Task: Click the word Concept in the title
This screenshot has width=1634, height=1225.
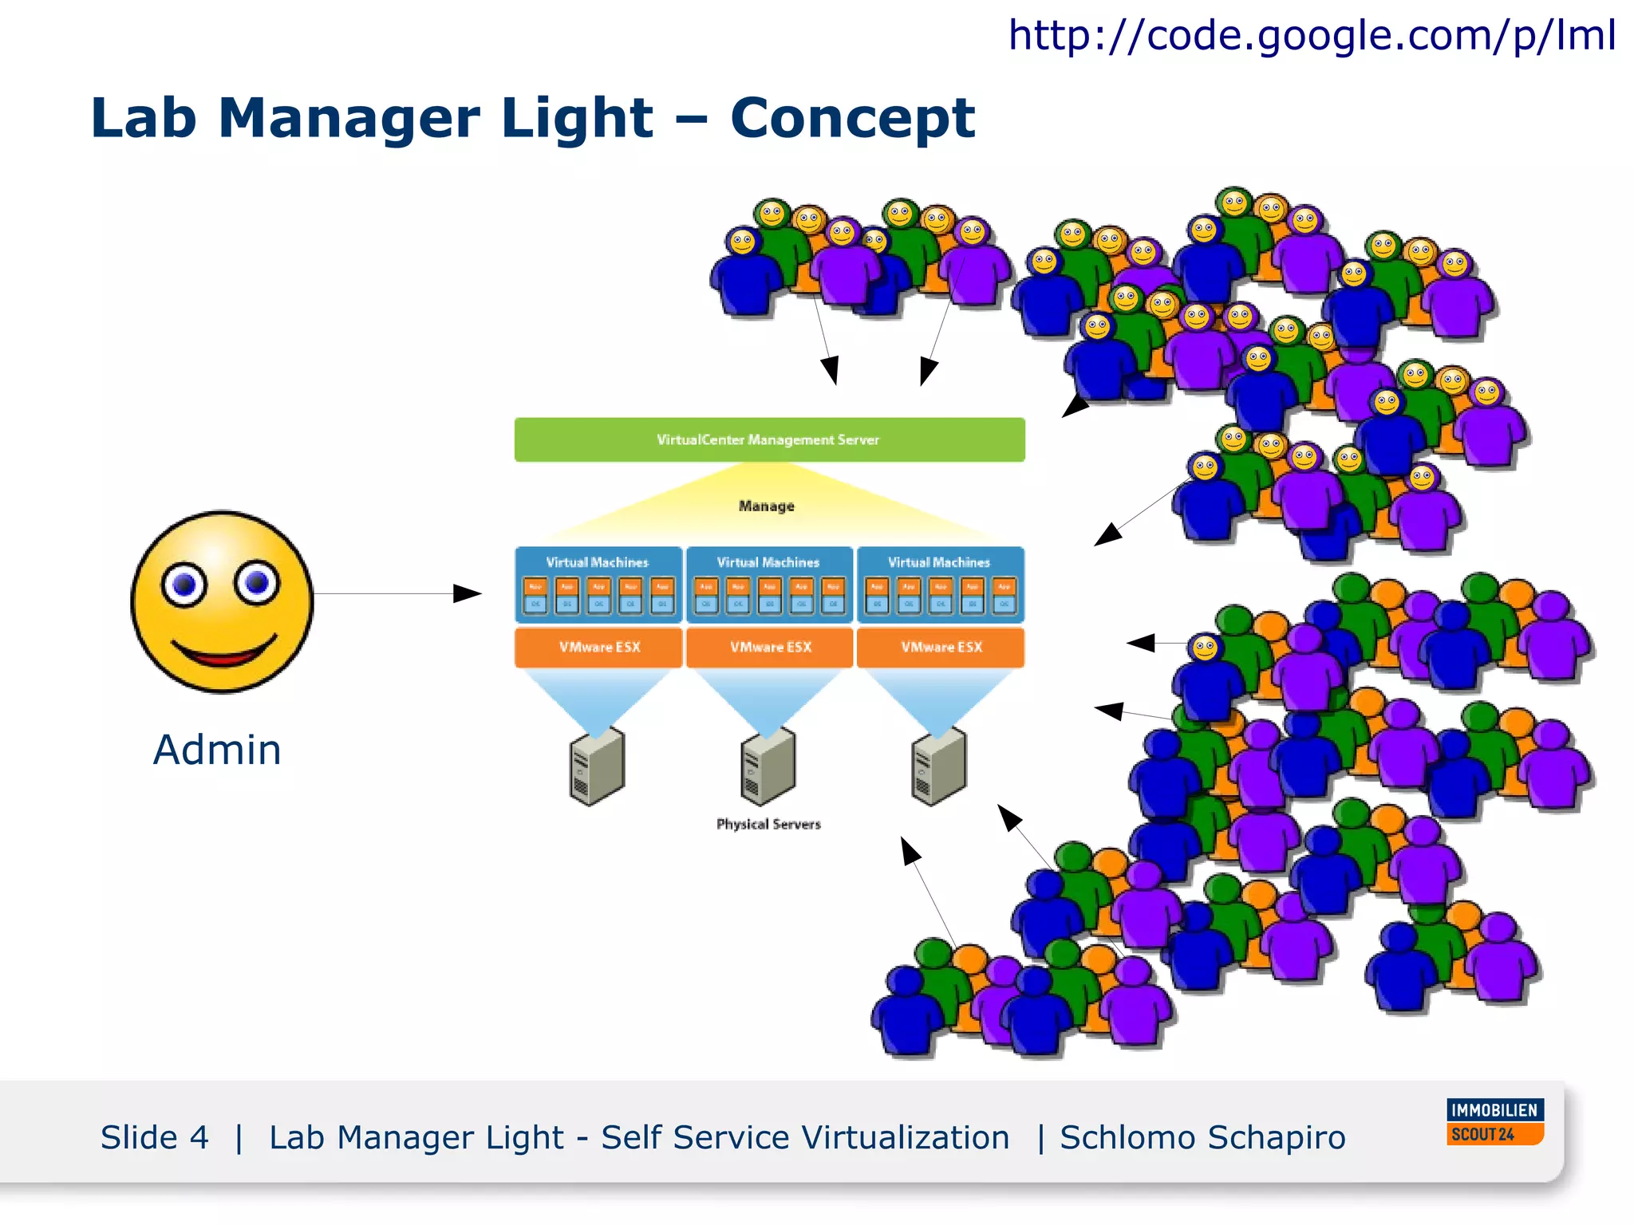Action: click(x=851, y=118)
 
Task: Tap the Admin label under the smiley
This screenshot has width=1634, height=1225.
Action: click(x=217, y=750)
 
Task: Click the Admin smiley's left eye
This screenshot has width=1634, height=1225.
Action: click(x=184, y=585)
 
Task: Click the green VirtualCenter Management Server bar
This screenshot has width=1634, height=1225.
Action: click(x=769, y=439)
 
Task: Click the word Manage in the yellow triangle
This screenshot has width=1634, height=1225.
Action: click(x=766, y=506)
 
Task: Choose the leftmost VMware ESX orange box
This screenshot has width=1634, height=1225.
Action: click(x=599, y=647)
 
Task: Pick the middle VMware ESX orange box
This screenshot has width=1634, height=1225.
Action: click(x=770, y=647)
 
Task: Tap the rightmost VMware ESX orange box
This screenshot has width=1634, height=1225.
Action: click(x=941, y=647)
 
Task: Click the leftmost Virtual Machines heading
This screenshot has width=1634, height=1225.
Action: click(x=597, y=562)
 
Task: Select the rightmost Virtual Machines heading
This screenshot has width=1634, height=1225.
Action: click(x=938, y=562)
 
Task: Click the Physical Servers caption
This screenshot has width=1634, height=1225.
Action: click(x=768, y=824)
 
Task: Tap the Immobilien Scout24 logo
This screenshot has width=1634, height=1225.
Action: click(x=1494, y=1122)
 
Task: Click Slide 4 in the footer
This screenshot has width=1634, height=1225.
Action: click(x=154, y=1137)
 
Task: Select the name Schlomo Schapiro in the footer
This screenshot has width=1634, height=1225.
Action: click(x=1202, y=1137)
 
